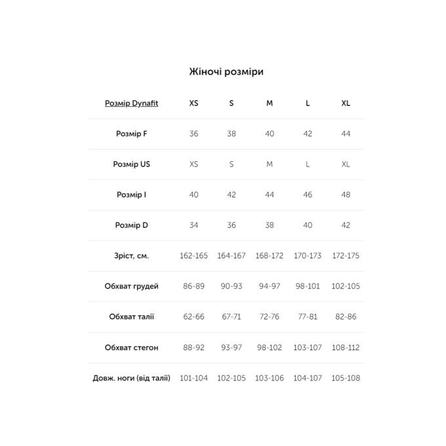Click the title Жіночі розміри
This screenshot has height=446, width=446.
pos(226,71)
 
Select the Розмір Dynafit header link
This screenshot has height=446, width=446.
pos(131,104)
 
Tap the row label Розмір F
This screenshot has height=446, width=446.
pos(131,134)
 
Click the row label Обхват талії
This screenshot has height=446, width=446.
pos(131,317)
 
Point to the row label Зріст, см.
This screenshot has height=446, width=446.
pos(131,256)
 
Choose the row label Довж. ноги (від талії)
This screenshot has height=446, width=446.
pos(131,378)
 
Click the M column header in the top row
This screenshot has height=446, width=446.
pos(270,104)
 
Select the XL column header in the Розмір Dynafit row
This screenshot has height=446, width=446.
pos(346,104)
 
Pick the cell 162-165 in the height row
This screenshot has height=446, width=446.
pos(193,256)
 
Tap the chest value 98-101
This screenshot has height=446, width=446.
pos(308,287)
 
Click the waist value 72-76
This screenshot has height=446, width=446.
pos(270,317)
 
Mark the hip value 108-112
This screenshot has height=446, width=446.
pos(346,348)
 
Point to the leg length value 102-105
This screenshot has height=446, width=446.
pos(232,378)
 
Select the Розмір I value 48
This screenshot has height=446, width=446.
pos(346,195)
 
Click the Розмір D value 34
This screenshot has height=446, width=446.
pos(193,226)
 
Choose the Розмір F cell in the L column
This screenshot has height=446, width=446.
pos(308,134)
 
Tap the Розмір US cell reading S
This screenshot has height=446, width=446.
pos(232,165)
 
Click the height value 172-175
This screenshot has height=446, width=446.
pos(346,256)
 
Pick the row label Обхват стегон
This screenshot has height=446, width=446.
pos(131,348)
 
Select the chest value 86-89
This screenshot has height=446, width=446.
pos(193,287)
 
